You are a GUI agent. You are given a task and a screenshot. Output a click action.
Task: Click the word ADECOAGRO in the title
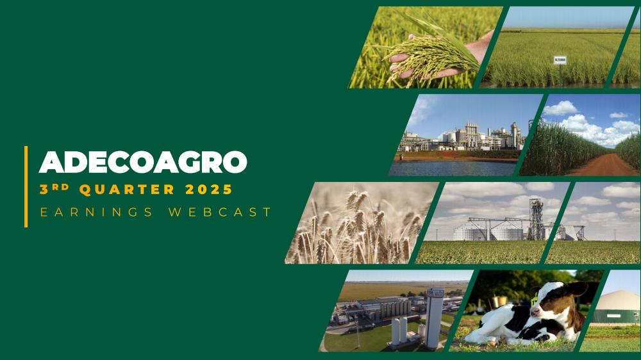pyautogui.click(x=143, y=162)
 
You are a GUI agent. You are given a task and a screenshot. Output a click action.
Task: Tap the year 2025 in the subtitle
pyautogui.click(x=209, y=190)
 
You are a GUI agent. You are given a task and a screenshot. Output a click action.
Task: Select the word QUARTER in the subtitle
pyautogui.click(x=127, y=190)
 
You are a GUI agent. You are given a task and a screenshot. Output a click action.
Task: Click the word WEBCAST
pyautogui.click(x=220, y=212)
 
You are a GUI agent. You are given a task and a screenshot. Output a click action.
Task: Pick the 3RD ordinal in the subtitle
pyautogui.click(x=54, y=189)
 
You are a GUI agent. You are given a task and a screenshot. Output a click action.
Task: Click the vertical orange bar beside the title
pyautogui.click(x=26, y=186)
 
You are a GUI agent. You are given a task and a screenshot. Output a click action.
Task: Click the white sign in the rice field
pyautogui.click(x=560, y=60)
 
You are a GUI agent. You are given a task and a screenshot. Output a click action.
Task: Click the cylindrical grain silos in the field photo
pyautogui.click(x=488, y=232)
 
